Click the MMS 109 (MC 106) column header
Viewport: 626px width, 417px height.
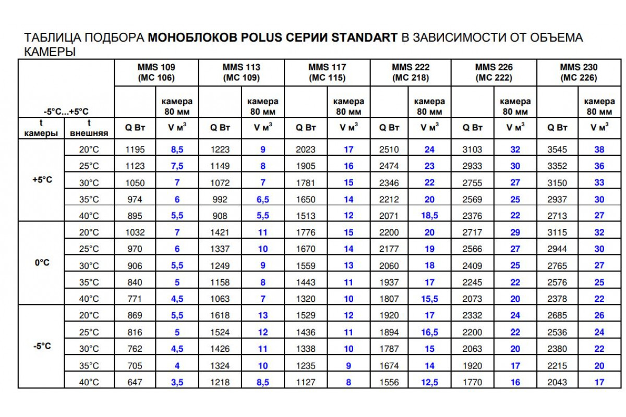coord(156,72)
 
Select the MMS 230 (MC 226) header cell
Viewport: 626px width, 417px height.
coord(579,72)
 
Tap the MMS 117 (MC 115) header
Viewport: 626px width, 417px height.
coord(327,72)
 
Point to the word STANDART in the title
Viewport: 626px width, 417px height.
coord(365,38)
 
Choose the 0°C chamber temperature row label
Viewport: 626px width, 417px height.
coord(42,263)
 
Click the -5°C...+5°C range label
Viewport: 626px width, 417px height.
coord(66,112)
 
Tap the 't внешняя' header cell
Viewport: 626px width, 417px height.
coord(89,128)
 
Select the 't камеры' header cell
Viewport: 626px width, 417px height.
coord(41,128)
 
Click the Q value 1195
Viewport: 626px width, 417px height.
coord(135,150)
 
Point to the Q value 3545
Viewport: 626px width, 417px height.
coord(557,150)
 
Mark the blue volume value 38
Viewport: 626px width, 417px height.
coord(599,150)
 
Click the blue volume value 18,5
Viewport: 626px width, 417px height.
coord(429,216)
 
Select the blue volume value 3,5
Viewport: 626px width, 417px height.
coord(177,382)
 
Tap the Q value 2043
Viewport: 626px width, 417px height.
coord(557,382)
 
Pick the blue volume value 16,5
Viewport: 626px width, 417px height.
coord(429,332)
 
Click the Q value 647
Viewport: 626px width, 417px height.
coord(135,382)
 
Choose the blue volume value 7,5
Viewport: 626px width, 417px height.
coord(177,166)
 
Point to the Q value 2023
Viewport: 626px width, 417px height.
coord(306,150)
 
